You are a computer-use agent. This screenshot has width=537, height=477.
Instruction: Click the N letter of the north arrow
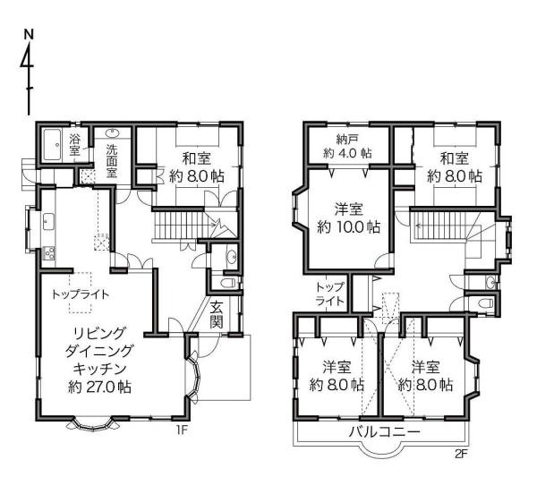(x=30, y=34)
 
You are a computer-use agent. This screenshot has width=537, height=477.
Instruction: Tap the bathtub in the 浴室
(x=53, y=144)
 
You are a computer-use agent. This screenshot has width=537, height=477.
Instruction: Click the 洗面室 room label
(x=111, y=160)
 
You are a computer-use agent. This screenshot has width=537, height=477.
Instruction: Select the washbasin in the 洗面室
(x=112, y=132)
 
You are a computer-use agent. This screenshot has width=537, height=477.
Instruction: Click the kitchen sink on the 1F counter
(x=48, y=221)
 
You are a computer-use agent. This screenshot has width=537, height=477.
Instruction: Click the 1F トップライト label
(x=81, y=294)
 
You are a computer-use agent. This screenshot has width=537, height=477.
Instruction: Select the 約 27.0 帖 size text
(x=99, y=387)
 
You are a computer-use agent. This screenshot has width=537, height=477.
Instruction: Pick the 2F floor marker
(x=461, y=454)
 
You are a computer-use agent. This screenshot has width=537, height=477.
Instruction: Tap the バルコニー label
(x=384, y=431)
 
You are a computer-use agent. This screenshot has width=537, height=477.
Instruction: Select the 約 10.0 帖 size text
(x=349, y=226)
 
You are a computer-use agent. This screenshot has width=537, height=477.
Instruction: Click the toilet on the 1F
(x=228, y=283)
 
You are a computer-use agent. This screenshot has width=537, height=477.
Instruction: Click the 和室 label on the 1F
(x=197, y=158)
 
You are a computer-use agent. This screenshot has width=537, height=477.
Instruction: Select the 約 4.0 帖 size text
(x=347, y=153)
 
